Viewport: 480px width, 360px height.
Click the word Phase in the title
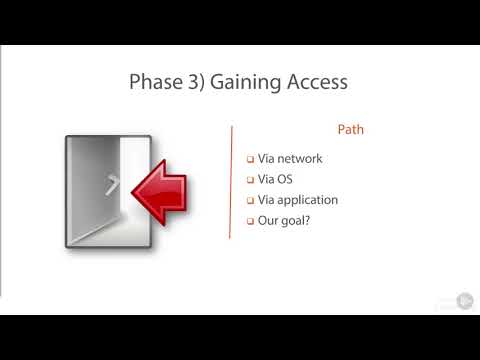(x=153, y=82)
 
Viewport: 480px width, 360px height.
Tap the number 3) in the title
(x=194, y=82)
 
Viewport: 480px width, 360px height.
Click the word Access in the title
(x=317, y=82)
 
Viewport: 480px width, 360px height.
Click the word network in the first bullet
(x=299, y=158)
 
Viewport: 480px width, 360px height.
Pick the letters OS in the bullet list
(x=284, y=179)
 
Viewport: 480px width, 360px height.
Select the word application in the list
(x=307, y=200)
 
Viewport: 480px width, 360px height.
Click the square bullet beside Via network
(x=250, y=159)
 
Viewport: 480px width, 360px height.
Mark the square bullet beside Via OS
(x=250, y=180)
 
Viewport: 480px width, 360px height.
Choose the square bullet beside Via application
(x=250, y=200)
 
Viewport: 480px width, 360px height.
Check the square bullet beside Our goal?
(x=250, y=221)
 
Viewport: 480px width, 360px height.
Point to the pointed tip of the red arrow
(x=133, y=191)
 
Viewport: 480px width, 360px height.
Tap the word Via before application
(x=267, y=200)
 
